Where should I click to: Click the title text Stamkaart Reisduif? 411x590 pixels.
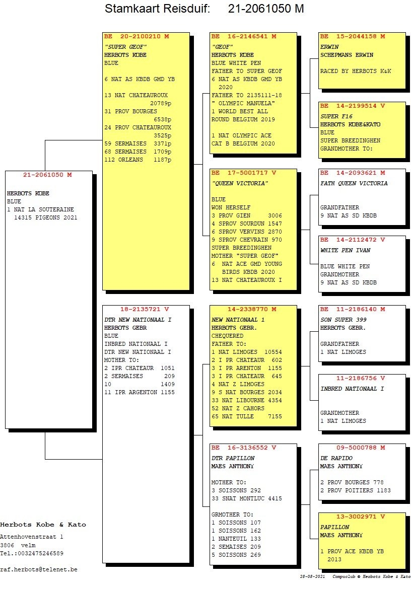point(157,9)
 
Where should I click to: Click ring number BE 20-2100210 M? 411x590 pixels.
point(136,37)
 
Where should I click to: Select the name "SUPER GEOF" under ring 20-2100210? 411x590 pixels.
point(125,47)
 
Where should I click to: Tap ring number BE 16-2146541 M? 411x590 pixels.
point(243,37)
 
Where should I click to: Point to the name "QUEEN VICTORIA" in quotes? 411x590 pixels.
point(240,183)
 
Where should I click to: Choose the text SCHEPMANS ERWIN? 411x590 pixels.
point(347,55)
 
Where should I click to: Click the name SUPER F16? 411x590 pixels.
point(336,116)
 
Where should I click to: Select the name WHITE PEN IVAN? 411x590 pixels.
point(345,250)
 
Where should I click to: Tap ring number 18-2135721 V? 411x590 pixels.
point(145,309)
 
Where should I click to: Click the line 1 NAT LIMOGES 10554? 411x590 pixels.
point(246,352)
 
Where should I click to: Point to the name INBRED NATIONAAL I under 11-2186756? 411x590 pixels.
point(352,389)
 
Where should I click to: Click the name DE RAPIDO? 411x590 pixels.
point(336,458)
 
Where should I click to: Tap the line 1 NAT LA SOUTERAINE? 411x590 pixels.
point(40,209)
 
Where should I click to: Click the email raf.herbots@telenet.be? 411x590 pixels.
point(39,569)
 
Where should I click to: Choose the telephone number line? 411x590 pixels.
point(32,553)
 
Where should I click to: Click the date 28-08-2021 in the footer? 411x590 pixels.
point(312,576)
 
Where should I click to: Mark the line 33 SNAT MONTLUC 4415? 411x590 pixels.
point(246,498)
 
